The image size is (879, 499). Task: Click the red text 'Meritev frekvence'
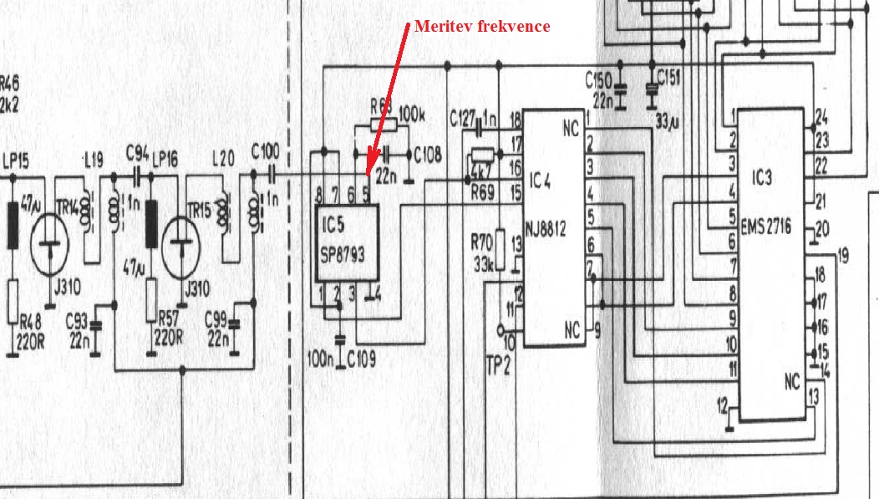(x=482, y=26)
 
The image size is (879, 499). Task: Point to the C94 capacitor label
(x=137, y=154)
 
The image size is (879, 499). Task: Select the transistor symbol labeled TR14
(x=49, y=245)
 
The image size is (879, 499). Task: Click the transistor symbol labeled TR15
(x=181, y=245)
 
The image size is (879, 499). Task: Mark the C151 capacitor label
(x=669, y=78)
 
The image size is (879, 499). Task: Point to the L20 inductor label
(x=224, y=156)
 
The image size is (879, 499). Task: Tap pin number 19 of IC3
(x=841, y=256)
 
